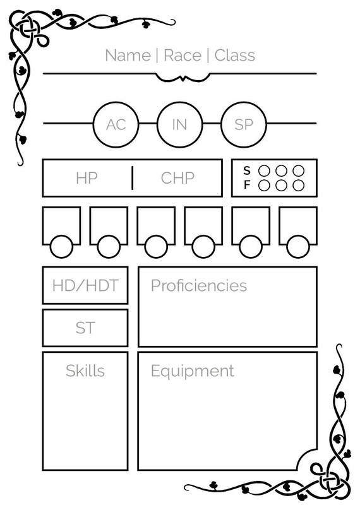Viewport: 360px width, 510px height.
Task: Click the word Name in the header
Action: (x=128, y=56)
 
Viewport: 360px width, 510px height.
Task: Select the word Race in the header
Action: (x=183, y=56)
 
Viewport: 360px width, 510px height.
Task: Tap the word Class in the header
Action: (x=234, y=55)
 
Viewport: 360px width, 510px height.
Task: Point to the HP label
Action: (x=87, y=178)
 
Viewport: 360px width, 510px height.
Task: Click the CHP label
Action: (x=177, y=178)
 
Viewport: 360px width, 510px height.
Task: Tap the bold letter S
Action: (x=247, y=171)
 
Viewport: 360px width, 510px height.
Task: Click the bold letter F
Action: (x=247, y=185)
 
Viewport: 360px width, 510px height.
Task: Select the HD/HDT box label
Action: (x=85, y=285)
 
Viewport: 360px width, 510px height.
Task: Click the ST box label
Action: (x=85, y=328)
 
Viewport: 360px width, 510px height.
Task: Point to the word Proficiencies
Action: (x=199, y=285)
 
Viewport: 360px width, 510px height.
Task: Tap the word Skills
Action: (x=85, y=371)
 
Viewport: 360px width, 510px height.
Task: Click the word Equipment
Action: (x=193, y=371)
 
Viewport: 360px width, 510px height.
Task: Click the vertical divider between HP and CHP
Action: (x=132, y=178)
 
